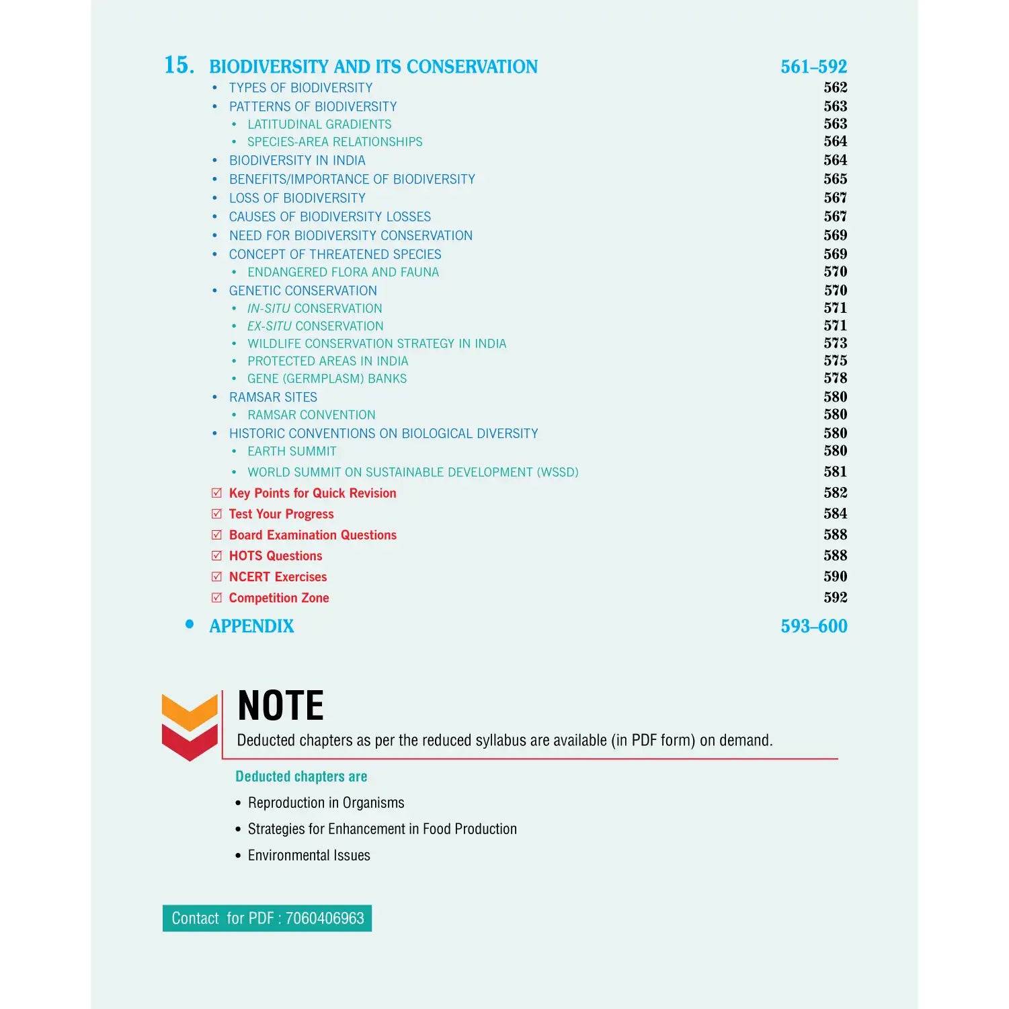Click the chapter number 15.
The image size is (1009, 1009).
coord(179,65)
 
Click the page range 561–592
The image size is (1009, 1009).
coord(813,67)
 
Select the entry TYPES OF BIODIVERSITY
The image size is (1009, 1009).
coord(300,88)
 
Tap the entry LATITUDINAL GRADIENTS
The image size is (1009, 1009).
coord(319,124)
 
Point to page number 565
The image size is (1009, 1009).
coord(835,179)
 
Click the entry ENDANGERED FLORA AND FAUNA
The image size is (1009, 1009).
coord(343,272)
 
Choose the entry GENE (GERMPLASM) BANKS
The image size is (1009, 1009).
coord(327,379)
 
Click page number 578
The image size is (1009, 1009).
coord(835,378)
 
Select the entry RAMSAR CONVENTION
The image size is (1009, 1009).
coord(311,415)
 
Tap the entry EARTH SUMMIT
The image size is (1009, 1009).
coord(292,451)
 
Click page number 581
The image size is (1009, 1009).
coord(835,472)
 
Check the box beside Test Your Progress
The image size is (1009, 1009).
coord(216,514)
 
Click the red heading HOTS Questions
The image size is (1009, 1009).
coord(276,556)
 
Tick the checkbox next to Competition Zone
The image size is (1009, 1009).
coord(216,597)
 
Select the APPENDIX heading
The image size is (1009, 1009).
coord(251,626)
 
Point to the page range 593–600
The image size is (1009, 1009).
coord(813,626)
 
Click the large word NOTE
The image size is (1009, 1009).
coord(281,706)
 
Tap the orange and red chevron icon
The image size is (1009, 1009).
coord(190,726)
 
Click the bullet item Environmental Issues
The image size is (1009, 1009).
coord(309,856)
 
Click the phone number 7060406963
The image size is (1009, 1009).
coord(325,918)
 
